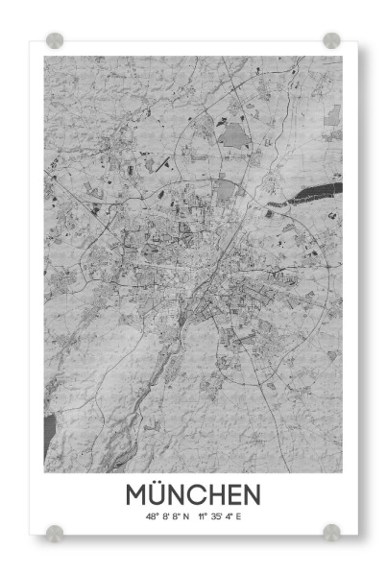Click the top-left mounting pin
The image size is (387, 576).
click(55, 40)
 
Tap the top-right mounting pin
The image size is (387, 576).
click(331, 40)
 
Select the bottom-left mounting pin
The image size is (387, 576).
click(55, 532)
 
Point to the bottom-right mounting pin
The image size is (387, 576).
click(331, 532)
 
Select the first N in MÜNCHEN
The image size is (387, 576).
click(180, 494)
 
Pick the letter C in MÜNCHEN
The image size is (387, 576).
click(200, 494)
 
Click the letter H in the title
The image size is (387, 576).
click(219, 494)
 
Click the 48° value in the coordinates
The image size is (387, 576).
click(152, 517)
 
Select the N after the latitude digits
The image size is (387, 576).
click(186, 517)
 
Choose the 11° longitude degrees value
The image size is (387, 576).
click(203, 517)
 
